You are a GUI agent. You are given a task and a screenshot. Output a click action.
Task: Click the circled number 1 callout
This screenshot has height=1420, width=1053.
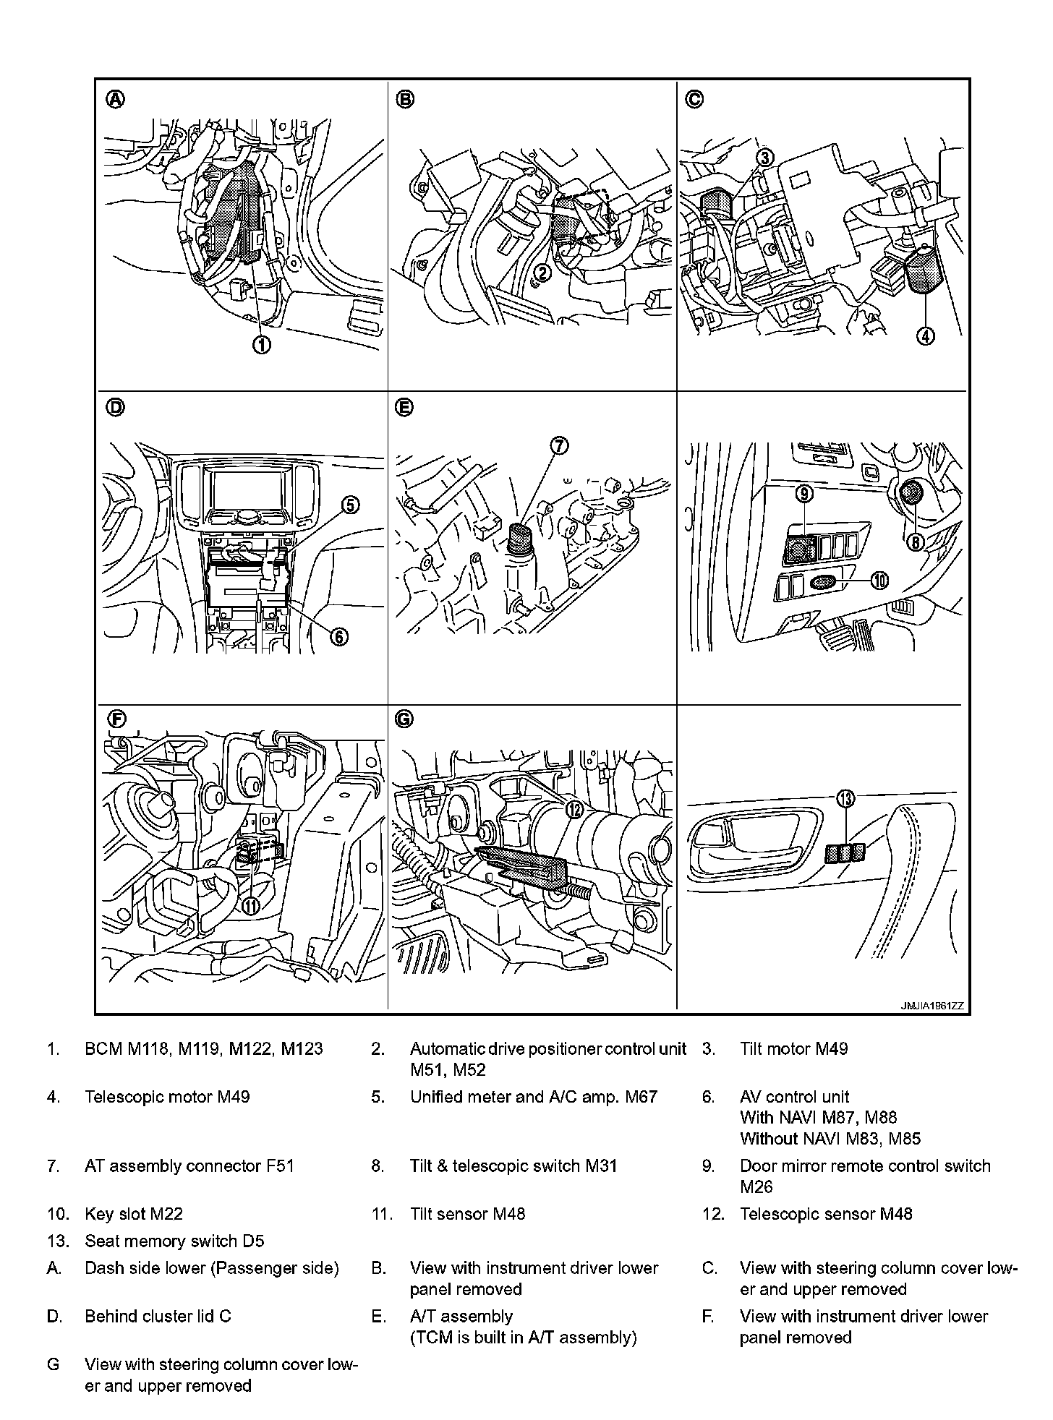261,345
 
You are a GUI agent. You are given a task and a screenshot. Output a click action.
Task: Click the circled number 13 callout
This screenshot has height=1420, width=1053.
845,798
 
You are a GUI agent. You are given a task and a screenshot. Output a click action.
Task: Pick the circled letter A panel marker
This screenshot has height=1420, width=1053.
115,99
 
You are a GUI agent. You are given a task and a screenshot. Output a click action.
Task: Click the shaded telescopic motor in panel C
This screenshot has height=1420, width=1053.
921,272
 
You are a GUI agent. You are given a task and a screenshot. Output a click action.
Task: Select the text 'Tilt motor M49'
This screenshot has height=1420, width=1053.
793,1048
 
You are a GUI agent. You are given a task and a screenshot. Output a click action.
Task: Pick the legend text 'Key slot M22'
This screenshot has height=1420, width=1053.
134,1214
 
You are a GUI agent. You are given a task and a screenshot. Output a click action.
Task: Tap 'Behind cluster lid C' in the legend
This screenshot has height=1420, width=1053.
158,1316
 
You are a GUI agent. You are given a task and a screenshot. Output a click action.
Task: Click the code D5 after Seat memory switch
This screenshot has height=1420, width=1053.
253,1241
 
